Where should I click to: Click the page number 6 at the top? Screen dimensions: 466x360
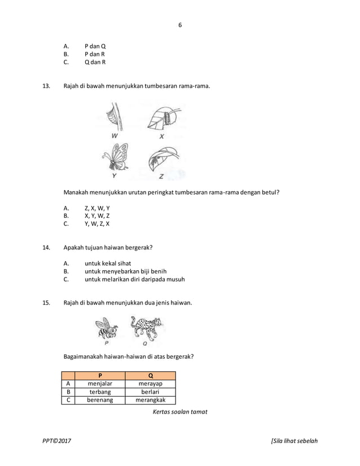181,25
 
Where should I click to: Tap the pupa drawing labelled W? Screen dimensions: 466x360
116,117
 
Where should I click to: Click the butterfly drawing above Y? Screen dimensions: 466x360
116,157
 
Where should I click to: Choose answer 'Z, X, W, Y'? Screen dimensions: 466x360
97,208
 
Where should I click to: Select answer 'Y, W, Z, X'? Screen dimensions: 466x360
97,223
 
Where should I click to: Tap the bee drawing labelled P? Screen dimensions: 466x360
106,327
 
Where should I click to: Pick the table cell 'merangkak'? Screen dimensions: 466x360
150,401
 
